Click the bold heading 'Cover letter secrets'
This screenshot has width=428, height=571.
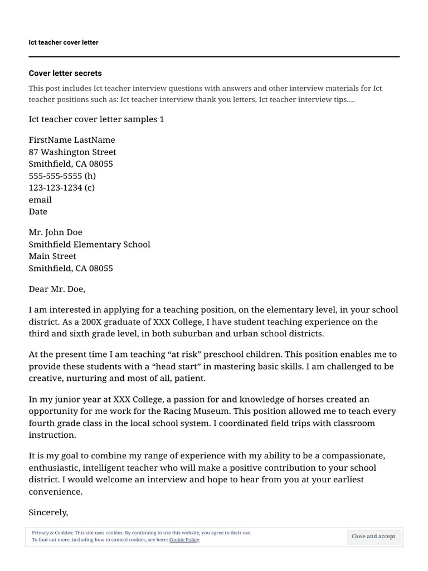tap(65, 73)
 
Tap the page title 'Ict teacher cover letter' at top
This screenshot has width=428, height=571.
tap(64, 42)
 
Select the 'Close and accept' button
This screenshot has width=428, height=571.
tap(373, 536)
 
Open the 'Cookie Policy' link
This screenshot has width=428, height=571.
tap(184, 540)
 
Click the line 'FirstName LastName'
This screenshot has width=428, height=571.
tap(72, 140)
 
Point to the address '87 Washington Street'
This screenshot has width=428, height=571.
tap(72, 152)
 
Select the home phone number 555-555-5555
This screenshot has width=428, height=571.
tap(55, 176)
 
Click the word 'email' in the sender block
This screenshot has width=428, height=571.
tap(40, 200)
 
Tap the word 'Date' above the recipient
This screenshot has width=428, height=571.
tap(38, 211)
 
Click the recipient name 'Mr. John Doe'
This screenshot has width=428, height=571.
tap(55, 232)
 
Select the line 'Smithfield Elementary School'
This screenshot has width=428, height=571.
tap(89, 244)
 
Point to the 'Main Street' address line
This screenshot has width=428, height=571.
tap(52, 256)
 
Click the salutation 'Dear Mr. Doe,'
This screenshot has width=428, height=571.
tap(57, 289)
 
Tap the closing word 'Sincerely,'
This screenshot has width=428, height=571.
tap(48, 512)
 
